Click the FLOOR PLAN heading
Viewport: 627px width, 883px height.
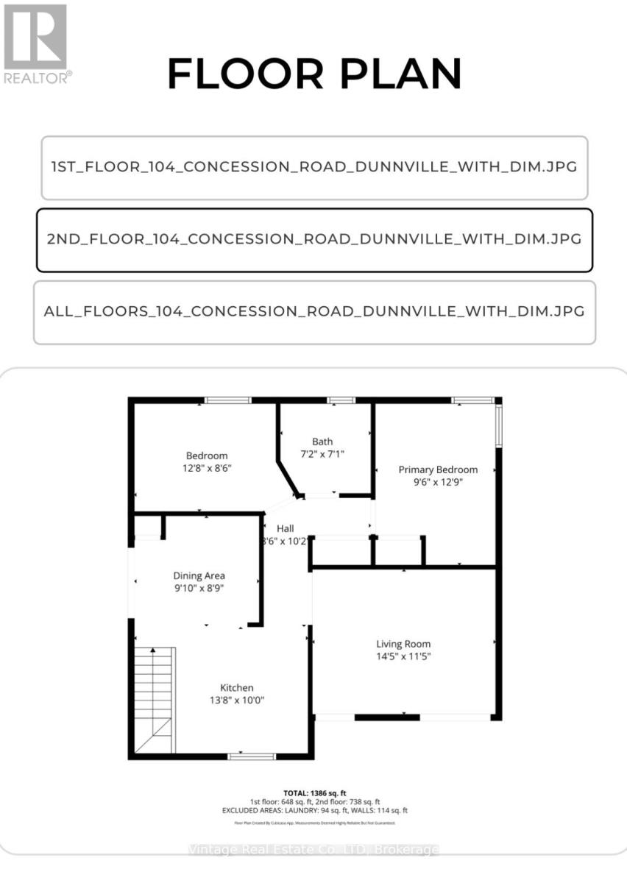pos(314,74)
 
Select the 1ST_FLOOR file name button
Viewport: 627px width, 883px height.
pos(314,167)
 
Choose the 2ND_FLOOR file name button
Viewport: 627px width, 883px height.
pos(314,239)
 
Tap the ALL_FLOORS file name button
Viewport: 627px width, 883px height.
pos(314,311)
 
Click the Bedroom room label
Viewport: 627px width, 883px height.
pos(207,455)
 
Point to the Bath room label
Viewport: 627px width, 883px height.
pos(322,441)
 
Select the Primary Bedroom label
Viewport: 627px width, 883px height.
pos(438,469)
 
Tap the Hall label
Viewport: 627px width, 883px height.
pos(286,528)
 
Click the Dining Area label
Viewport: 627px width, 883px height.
pos(199,575)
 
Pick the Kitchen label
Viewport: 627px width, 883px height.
pos(235,687)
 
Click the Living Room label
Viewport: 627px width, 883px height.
pos(403,643)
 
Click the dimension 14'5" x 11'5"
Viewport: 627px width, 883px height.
pos(403,656)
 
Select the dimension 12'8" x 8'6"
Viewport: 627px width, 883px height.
pos(207,468)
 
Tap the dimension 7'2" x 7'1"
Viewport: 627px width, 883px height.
pos(322,454)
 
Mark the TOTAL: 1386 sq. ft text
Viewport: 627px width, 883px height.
pos(314,792)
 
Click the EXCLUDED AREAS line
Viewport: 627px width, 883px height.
pos(314,810)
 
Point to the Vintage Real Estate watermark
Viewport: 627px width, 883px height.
pos(314,850)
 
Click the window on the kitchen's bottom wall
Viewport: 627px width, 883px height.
pos(252,756)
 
